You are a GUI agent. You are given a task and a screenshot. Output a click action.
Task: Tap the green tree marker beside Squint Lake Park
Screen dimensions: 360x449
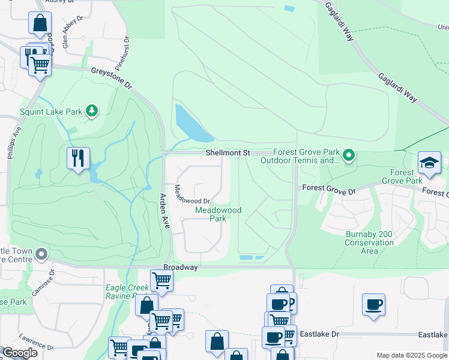point(91,110)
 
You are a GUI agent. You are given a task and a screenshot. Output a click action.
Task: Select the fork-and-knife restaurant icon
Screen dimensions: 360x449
point(78,158)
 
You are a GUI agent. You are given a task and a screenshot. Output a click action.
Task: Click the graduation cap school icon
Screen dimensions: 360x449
point(429,163)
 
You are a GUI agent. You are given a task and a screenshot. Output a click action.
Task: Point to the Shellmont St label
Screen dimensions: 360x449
point(228,153)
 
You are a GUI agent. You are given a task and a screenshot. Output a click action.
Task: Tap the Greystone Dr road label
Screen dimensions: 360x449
point(111,79)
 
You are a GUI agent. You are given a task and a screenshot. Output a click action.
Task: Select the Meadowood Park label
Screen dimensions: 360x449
point(218,214)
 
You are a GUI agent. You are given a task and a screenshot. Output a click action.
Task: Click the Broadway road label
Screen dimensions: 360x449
point(181,268)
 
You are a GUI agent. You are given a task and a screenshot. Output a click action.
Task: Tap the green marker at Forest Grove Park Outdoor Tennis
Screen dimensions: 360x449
point(348,157)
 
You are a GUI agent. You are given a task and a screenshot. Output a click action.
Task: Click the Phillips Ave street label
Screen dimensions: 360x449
point(14,143)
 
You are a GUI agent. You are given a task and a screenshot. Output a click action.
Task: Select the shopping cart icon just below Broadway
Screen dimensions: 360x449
point(161,279)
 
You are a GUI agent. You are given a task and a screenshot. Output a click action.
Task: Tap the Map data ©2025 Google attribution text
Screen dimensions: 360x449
point(411,355)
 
